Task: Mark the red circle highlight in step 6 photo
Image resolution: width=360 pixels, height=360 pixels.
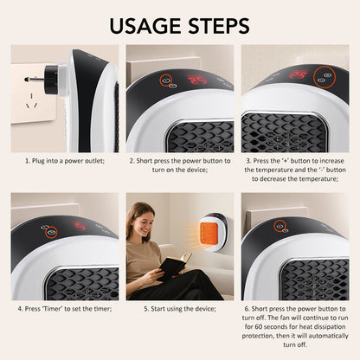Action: (x=281, y=227)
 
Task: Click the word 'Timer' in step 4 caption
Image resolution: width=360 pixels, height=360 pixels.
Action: (x=51, y=308)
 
